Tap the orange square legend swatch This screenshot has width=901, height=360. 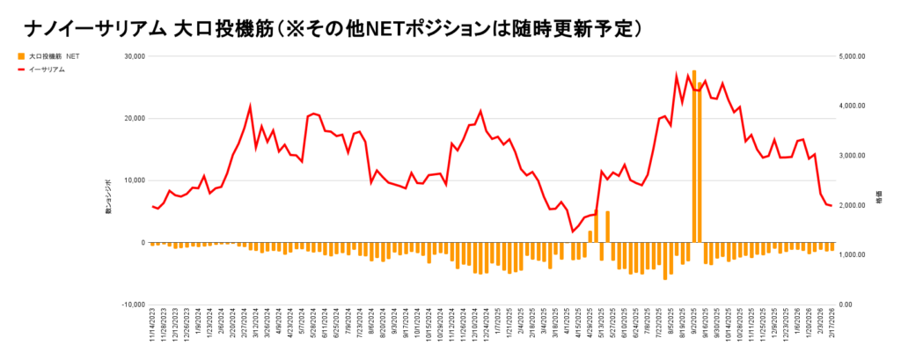click(22, 56)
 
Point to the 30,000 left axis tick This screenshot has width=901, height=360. click(132, 56)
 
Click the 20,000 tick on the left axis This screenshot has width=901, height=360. click(132, 119)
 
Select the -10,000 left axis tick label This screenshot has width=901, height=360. click(131, 305)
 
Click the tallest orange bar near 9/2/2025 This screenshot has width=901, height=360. click(694, 155)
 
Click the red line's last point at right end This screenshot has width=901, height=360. click(831, 206)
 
